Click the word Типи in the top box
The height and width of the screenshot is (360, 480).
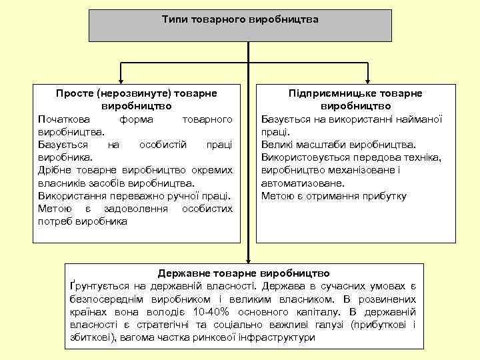pos(175,19)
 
